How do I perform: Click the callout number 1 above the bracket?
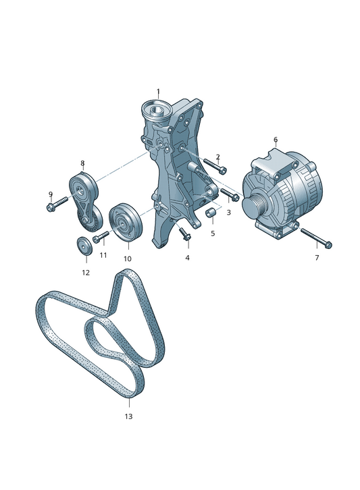click(158, 92)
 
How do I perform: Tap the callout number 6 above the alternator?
click(276, 140)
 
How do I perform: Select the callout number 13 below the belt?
click(128, 416)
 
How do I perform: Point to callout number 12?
click(86, 273)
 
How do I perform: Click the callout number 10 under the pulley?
click(128, 258)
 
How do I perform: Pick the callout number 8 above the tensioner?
click(82, 163)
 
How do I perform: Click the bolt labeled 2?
click(215, 165)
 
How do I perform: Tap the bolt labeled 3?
click(230, 194)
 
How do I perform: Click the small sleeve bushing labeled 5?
click(209, 213)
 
